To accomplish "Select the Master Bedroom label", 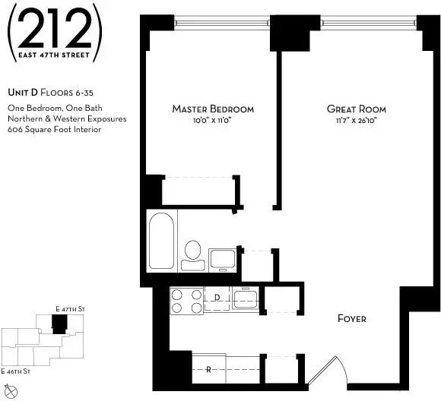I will [213, 109].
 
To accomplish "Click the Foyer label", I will [351, 319].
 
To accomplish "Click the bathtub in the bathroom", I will [163, 241].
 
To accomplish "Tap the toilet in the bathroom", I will [193, 254].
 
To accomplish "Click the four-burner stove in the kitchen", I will [186, 302].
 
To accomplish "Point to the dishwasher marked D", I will [217, 298].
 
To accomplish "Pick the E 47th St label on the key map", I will [69, 309].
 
